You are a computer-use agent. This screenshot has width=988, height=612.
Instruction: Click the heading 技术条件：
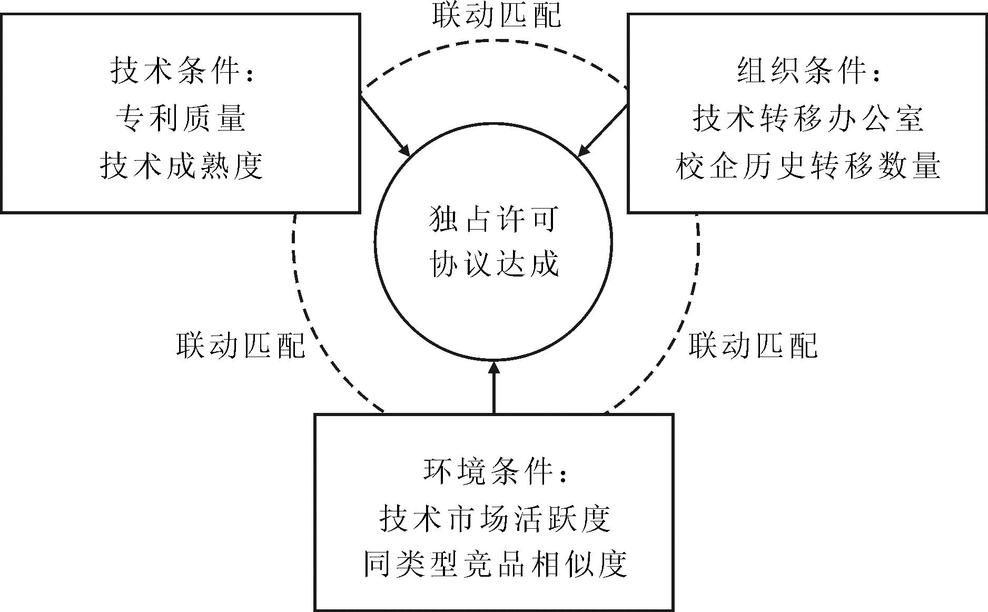tap(182, 71)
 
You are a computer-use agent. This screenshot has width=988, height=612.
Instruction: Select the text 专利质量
tap(181, 118)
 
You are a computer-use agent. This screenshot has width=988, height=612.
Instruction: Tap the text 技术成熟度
tap(181, 166)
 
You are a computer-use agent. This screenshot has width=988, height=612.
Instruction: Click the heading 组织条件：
tap(808, 71)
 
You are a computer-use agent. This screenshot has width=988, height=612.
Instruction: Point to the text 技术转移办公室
tap(808, 118)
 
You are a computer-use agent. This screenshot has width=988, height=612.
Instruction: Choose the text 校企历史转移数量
tap(808, 166)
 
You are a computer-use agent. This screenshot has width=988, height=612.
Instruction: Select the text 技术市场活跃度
tap(495, 518)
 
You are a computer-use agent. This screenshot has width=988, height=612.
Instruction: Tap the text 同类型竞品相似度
tap(495, 565)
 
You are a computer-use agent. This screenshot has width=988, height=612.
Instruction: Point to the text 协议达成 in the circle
tap(494, 263)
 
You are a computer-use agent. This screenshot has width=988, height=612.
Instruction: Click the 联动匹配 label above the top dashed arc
tap(497, 15)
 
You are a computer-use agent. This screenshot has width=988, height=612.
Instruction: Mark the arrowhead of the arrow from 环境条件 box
tap(494, 367)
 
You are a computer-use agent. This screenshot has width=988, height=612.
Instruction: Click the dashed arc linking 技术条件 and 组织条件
tap(495, 41)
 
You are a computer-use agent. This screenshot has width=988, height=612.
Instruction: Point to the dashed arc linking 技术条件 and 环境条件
tap(311, 327)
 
